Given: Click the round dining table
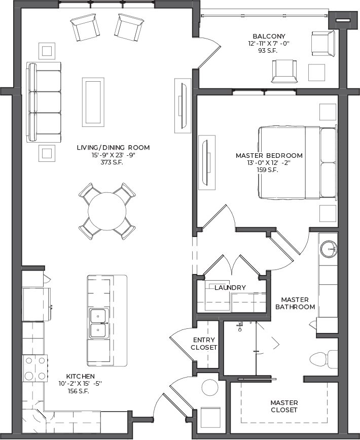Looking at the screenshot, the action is pos(107,211).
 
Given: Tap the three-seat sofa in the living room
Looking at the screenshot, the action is pos(44,103).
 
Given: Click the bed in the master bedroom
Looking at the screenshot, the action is pos(298,163).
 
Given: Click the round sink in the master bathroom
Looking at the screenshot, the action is pos(329,249).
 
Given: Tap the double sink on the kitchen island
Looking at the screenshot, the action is pos(99,323).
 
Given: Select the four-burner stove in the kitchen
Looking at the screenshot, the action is pos(35,368).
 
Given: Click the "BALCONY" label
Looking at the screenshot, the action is pos(269,36).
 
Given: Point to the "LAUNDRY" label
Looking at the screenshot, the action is pos(230,288).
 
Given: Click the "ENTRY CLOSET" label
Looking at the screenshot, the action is pos(204,344).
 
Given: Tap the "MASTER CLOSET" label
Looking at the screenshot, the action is pos(284,407).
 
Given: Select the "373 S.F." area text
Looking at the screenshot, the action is pos(112,162).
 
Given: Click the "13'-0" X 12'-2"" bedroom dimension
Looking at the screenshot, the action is pos(269,163).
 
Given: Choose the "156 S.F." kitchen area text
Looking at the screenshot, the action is pos(78,391).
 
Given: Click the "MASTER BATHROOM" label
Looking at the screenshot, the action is pos(295,303).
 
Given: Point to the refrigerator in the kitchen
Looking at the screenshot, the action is pos(37,304).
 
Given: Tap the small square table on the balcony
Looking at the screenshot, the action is pos(316,73).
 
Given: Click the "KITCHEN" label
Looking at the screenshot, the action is pos(81,376).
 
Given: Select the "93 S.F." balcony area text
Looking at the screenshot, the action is pos(268,51).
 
